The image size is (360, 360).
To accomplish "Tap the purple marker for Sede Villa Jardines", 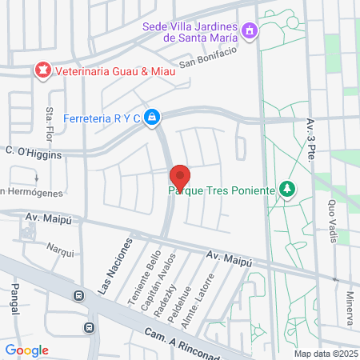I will [250, 30].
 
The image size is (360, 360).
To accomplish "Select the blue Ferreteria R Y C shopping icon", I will [153, 118].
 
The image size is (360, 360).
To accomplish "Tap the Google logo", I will [26, 350].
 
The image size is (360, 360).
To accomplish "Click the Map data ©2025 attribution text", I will [325, 354].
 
